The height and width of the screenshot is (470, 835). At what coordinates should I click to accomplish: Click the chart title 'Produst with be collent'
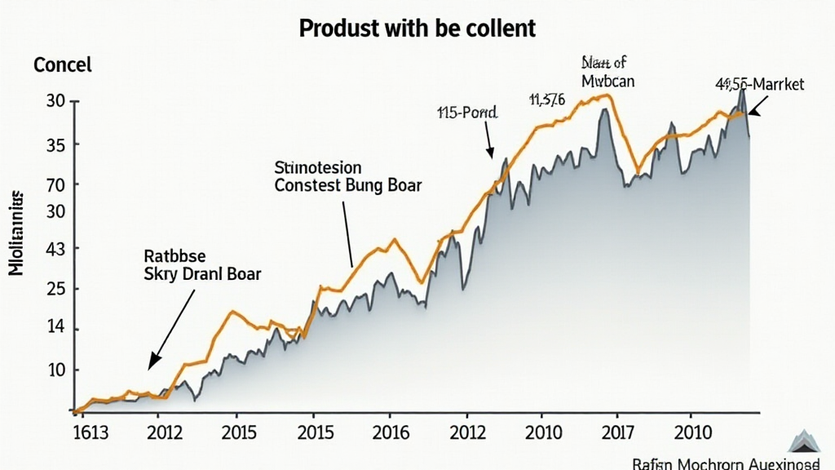pyautogui.click(x=417, y=28)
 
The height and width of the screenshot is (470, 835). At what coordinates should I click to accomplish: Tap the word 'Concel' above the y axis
pyautogui.click(x=63, y=65)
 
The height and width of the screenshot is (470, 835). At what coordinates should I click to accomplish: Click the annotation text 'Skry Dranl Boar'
pyautogui.click(x=201, y=274)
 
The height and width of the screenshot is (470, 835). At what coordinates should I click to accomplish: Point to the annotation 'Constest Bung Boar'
pyautogui.click(x=348, y=186)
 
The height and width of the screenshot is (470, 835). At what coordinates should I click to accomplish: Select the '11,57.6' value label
pyautogui.click(x=546, y=100)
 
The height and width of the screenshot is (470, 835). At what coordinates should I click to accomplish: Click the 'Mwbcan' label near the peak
pyautogui.click(x=608, y=81)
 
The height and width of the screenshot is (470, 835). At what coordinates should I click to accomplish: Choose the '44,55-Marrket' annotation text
pyautogui.click(x=759, y=84)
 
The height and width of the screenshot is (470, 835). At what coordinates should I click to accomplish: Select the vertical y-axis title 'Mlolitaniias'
pyautogui.click(x=17, y=233)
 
